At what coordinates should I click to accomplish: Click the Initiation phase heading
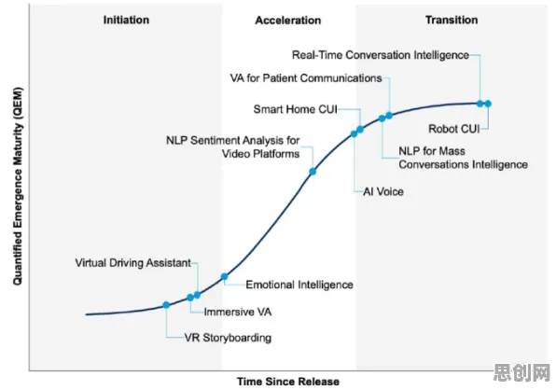[x=126, y=20]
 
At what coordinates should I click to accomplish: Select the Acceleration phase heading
[x=288, y=21]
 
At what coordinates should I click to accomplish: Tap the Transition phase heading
[x=452, y=20]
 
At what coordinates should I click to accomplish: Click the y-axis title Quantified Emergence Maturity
[x=18, y=187]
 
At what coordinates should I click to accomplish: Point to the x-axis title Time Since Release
[x=288, y=382]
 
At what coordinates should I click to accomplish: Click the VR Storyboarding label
[x=228, y=338]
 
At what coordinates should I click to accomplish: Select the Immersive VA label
[x=238, y=312]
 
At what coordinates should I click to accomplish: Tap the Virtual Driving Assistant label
[x=133, y=263]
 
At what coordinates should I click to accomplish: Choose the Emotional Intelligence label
[x=299, y=285]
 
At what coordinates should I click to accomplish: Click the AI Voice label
[x=383, y=191]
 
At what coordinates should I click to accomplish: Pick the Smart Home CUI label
[x=296, y=109]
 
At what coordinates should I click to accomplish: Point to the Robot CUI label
[x=454, y=129]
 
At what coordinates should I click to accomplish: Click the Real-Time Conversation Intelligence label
[x=381, y=55]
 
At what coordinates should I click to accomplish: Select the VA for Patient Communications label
[x=306, y=78]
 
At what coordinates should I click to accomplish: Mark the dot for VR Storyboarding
[x=166, y=305]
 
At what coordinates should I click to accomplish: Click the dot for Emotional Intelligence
[x=224, y=276]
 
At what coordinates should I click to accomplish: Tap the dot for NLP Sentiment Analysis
[x=313, y=172]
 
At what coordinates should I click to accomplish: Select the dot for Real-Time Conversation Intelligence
[x=480, y=104]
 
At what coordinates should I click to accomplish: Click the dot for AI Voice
[x=354, y=133]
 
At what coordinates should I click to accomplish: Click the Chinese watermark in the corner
[x=522, y=372]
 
